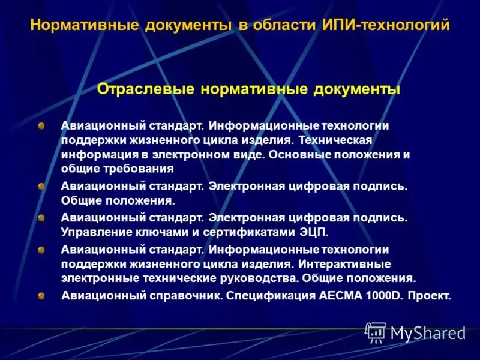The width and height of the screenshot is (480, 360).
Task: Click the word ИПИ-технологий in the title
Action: (x=388, y=26)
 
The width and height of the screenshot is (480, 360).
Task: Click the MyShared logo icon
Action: (x=376, y=332)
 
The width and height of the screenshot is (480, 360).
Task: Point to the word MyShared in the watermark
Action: (x=428, y=333)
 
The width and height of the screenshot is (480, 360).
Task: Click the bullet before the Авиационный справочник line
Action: (x=41, y=296)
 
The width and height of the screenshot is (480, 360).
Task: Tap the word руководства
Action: (x=264, y=278)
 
